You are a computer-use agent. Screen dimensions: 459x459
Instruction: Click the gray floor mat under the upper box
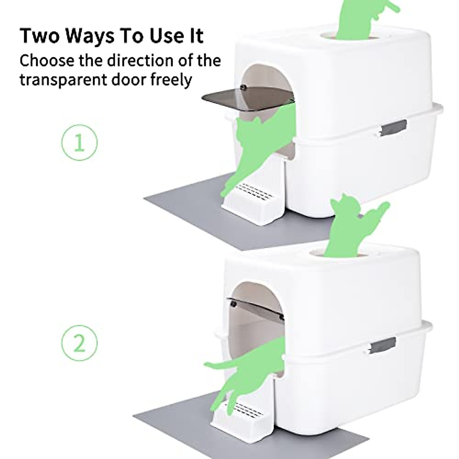pyautogui.click(x=191, y=214)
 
